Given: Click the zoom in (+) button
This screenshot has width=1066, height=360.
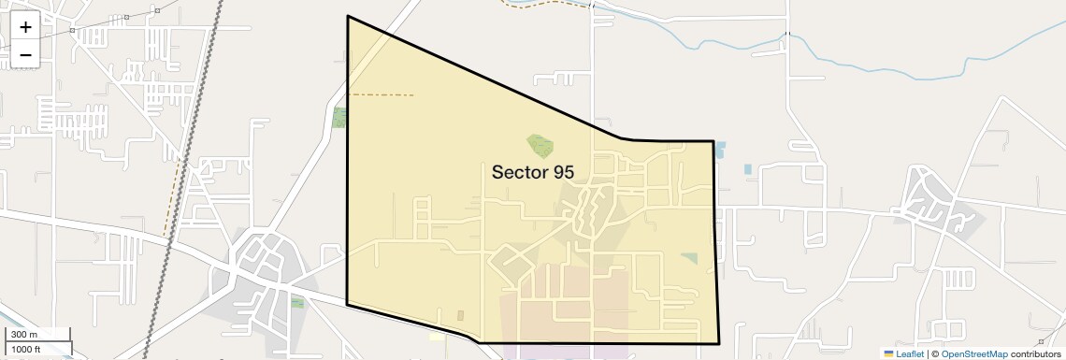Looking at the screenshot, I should (25, 27).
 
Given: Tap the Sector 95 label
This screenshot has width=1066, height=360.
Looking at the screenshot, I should (532, 172).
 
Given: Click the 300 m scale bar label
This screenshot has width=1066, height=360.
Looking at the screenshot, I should (24, 335).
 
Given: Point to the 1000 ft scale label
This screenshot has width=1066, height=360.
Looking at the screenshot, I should (27, 350).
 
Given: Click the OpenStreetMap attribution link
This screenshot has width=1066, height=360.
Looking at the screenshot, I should (973, 353).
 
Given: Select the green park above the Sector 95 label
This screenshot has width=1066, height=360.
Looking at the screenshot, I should (540, 144).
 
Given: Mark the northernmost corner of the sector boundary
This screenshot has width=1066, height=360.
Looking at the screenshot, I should (348, 17).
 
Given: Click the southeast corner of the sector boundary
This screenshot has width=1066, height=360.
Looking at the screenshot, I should (718, 343).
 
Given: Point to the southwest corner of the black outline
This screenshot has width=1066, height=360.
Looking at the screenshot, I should (348, 304).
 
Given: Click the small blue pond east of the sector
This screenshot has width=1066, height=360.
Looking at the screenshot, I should (747, 169).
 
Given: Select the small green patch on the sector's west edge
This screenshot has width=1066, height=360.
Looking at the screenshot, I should (339, 118).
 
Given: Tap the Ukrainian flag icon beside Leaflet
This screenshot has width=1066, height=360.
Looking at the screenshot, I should (888, 353).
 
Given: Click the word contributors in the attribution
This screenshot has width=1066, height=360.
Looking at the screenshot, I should (1034, 353).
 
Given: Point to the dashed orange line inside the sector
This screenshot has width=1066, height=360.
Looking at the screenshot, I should (383, 94).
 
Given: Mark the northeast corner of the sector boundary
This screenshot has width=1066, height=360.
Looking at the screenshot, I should (713, 141).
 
